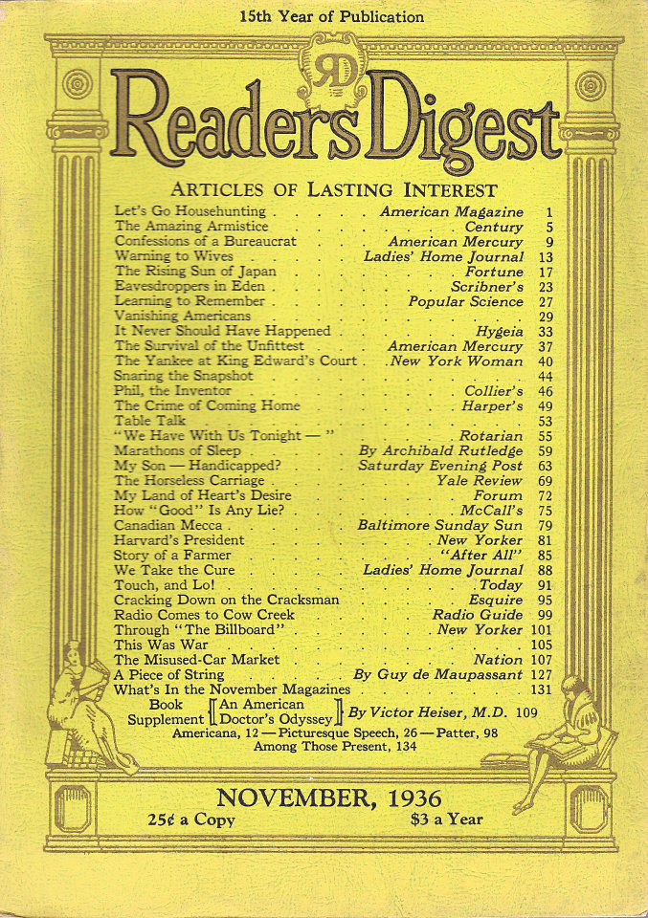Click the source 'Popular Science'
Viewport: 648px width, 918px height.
[465, 300]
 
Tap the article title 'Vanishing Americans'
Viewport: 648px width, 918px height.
[183, 315]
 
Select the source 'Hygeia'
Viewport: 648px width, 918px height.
[497, 330]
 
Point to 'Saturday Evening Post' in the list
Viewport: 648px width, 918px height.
[440, 466]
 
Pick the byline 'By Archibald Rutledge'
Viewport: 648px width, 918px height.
[442, 450]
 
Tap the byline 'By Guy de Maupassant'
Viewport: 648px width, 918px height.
[438, 674]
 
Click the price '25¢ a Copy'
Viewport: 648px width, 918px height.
[191, 820]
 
